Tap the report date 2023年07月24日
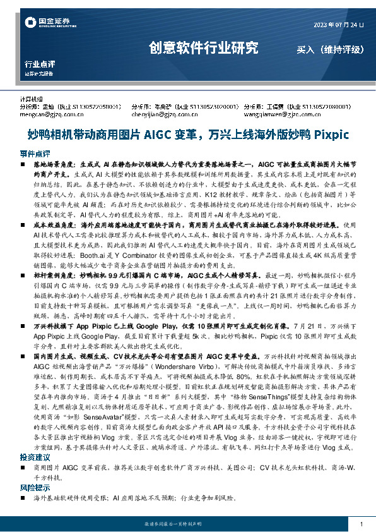339,25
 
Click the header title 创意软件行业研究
203,47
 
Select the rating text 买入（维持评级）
328,49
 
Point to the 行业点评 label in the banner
40,64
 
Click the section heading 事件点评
34,154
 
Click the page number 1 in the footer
360,524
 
